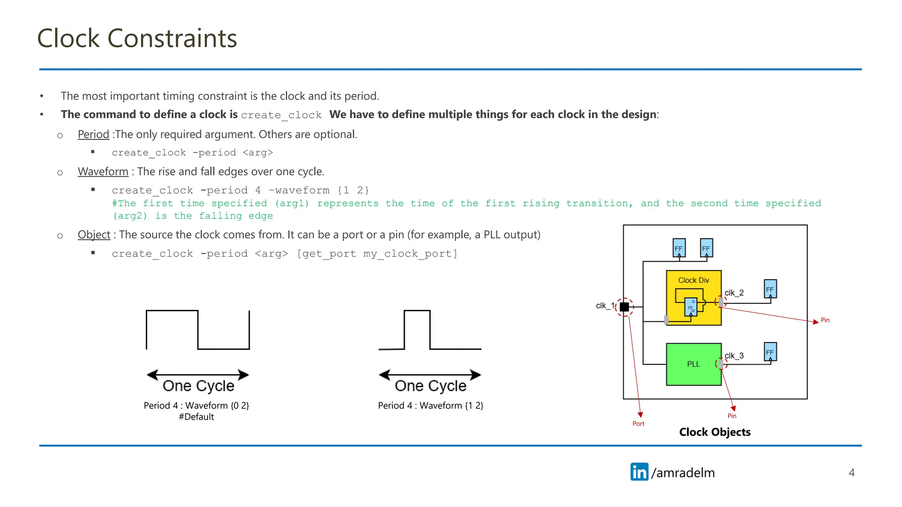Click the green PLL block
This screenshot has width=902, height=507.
[693, 364]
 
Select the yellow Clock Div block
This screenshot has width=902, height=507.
[693, 280]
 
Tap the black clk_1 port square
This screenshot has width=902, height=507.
[624, 307]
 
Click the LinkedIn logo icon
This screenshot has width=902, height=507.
[639, 472]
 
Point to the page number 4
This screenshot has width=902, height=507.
[851, 473]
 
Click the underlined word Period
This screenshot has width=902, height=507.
[93, 134]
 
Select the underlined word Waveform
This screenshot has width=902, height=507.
[103, 171]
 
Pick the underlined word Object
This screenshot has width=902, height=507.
[94, 235]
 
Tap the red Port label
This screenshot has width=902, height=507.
[638, 423]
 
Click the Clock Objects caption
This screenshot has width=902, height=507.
[714, 432]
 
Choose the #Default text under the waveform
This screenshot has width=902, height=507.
[196, 417]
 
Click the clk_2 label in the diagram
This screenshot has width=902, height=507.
[734, 293]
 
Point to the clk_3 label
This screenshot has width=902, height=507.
[734, 356]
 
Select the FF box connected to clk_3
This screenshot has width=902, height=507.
[770, 352]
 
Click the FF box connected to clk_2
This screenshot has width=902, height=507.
[770, 289]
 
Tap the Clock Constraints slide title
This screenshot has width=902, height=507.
[137, 38]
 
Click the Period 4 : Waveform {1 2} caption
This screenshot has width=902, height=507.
[430, 405]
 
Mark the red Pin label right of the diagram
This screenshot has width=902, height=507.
[825, 320]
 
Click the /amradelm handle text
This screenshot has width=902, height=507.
[683, 473]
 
